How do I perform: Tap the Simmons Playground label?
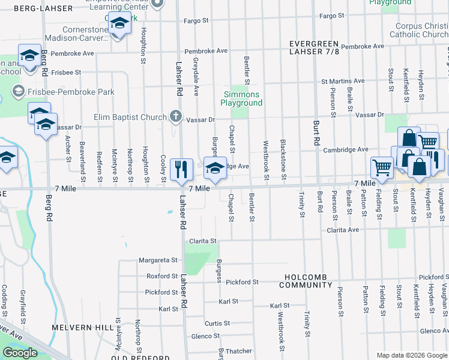click(243, 99)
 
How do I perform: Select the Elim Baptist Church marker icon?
click(175, 116)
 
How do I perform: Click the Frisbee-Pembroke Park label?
click(64, 92)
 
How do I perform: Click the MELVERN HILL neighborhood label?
click(82, 328)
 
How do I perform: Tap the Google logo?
click(20, 353)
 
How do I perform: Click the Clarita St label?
click(203, 241)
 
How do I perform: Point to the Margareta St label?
click(158, 261)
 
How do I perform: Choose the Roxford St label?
click(162, 277)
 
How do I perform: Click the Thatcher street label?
click(238, 352)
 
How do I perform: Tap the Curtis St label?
click(214, 323)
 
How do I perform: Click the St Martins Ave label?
click(343, 81)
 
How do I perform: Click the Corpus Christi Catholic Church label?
click(422, 31)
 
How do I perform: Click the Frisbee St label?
click(66, 72)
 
